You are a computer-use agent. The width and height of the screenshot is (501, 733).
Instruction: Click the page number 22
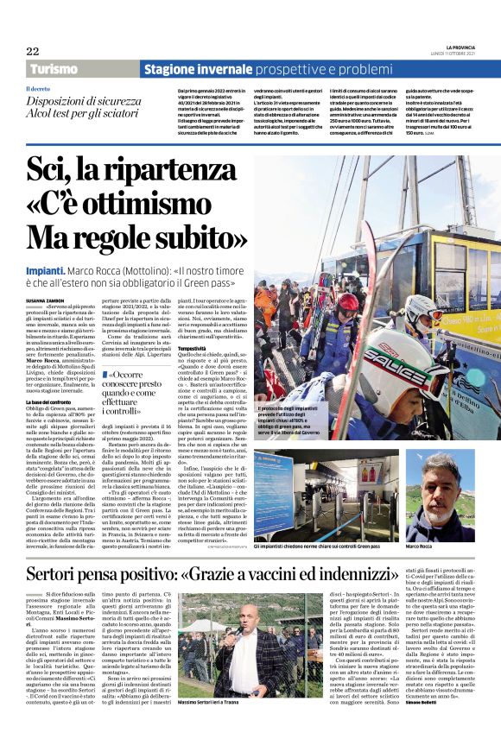32,51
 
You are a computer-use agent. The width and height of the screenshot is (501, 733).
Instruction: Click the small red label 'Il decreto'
39,88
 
